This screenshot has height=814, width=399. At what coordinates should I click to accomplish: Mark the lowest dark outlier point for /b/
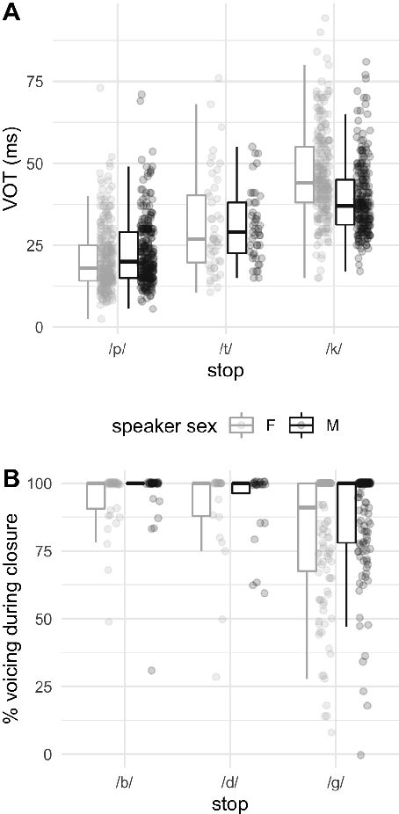[151, 670]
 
